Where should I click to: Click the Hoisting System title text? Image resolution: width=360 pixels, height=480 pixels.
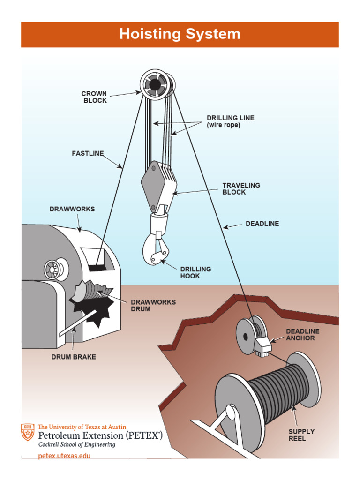[x=180, y=34]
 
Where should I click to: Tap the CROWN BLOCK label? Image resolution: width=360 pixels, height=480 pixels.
[x=94, y=97]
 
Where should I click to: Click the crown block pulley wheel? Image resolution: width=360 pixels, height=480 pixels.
[x=155, y=85]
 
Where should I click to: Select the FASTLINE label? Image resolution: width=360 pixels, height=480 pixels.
[x=88, y=153]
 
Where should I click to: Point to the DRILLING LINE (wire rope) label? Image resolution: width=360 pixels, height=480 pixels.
[x=231, y=121]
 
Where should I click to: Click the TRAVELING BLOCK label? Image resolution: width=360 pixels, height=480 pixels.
[x=241, y=189]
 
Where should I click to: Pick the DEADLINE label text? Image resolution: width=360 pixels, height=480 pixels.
[x=262, y=224]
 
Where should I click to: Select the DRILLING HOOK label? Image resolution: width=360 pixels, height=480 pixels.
[x=195, y=273]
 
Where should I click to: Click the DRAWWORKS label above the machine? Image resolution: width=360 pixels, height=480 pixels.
[x=72, y=209]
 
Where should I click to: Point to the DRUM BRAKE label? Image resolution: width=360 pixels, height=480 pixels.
[x=74, y=357]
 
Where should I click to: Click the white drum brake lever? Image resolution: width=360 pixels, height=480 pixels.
[x=77, y=323]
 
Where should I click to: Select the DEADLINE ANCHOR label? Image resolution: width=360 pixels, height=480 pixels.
[x=303, y=335]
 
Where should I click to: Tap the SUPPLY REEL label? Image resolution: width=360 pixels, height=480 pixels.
[x=301, y=435]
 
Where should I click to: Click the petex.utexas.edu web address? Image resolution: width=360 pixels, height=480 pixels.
[x=64, y=456]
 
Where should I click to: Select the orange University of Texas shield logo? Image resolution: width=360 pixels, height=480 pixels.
[x=28, y=432]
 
